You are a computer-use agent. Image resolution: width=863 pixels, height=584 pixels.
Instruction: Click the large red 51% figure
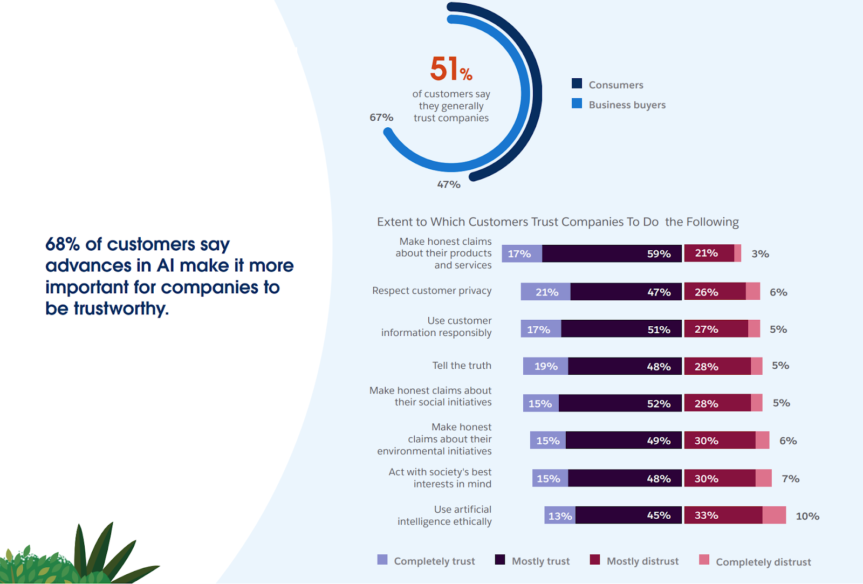click(450, 69)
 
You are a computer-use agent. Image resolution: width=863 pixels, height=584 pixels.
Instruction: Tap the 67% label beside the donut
click(381, 118)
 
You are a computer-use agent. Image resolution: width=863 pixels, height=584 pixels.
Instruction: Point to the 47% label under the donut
click(448, 184)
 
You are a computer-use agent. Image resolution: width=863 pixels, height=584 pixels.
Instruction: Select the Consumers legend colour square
click(577, 84)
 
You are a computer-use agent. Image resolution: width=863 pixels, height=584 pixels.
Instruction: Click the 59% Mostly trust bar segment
click(612, 253)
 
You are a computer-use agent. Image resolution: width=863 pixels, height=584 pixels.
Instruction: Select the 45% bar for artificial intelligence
click(628, 516)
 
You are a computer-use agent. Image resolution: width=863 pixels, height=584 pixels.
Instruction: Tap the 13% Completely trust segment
click(559, 516)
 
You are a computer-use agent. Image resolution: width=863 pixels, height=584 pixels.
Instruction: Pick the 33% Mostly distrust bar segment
click(723, 516)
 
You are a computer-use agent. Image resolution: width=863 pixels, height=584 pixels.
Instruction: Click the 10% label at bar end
click(807, 516)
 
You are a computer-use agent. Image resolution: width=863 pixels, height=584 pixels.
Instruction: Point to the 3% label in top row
click(760, 254)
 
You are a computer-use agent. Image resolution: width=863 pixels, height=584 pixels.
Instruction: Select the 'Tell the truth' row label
click(461, 366)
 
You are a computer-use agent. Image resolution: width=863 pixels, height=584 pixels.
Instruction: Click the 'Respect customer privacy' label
click(432, 291)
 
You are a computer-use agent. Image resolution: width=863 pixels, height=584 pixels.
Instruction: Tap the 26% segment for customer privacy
click(715, 292)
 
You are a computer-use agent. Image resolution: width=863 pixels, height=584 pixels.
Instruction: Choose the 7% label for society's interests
click(790, 478)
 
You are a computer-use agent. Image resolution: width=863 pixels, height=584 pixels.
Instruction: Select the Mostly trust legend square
click(500, 560)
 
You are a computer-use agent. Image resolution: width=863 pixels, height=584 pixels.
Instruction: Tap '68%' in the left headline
click(63, 244)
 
